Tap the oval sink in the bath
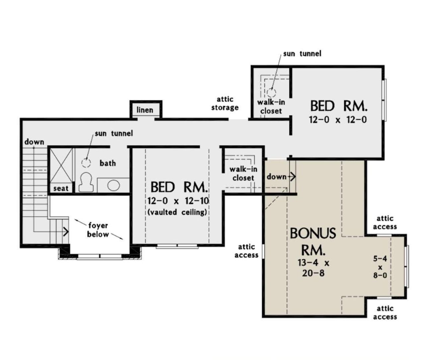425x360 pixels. tap(114, 185)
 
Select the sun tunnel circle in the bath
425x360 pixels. tap(86, 163)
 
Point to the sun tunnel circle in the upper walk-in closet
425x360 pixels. tap(272, 92)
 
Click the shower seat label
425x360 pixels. tap(61, 188)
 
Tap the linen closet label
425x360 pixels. tap(145, 110)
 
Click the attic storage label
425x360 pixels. tap(225, 103)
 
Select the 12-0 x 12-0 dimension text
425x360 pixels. tap(338, 120)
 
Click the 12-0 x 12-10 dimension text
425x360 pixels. tap(179, 201)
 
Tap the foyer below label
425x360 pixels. tap(98, 230)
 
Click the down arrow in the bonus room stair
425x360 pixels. tap(292, 177)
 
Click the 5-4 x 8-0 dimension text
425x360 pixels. tap(380, 267)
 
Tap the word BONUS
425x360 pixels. tap(313, 233)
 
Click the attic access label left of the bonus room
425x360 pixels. tap(246, 251)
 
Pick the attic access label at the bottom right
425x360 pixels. tap(385, 313)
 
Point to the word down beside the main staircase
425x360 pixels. tap(34, 142)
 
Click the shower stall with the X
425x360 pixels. tap(60, 166)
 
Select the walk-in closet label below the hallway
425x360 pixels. tap(243, 174)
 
